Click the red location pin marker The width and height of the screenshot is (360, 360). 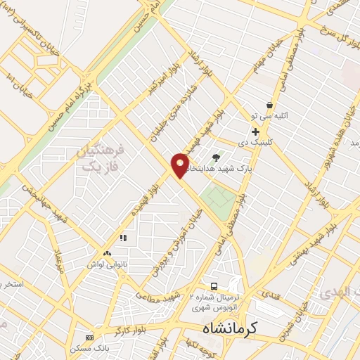[181, 165]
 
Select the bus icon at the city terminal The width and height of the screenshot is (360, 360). [213, 285]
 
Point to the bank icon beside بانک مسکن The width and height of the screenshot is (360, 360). [89, 337]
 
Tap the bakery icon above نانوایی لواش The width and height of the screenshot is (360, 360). [106, 252]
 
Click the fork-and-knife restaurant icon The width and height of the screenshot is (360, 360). [124, 238]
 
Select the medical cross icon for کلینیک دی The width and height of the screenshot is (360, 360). [255, 131]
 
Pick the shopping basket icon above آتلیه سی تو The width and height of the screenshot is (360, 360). [269, 105]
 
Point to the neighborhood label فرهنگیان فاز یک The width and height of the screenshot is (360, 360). [102, 158]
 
